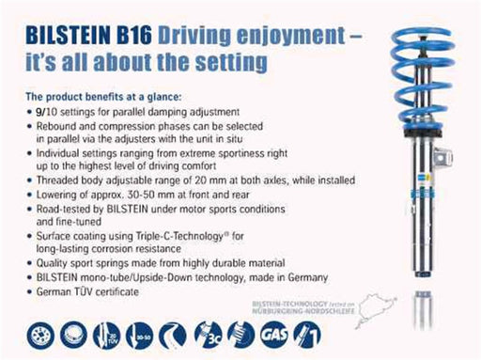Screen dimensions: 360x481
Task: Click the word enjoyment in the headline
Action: (x=266, y=36)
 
